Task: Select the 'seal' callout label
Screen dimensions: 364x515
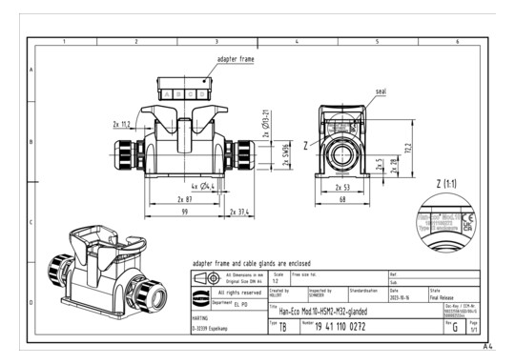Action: coord(381,93)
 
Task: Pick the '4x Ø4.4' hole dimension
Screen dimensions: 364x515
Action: coord(204,185)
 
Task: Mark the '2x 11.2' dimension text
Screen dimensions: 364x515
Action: coord(123,124)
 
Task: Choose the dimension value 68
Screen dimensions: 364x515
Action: coord(342,200)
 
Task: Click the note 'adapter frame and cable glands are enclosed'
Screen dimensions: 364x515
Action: coord(253,260)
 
